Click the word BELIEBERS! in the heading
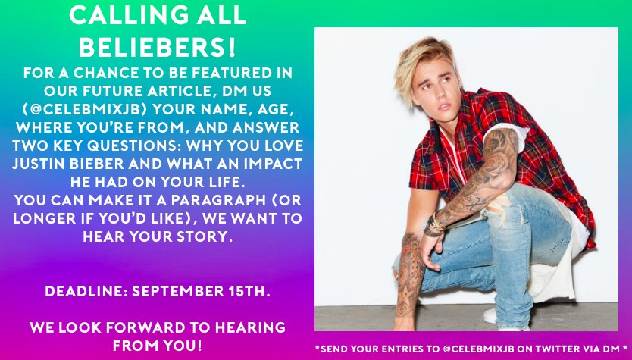click(158, 47)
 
